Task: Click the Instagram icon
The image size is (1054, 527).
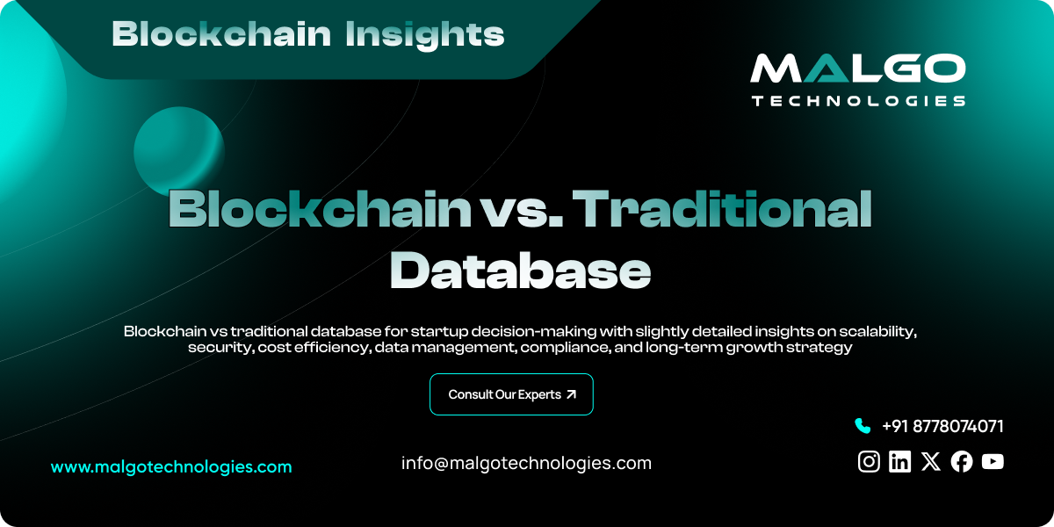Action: [869, 461]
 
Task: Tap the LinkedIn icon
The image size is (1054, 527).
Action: [899, 461]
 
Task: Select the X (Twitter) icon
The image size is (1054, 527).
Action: [931, 461]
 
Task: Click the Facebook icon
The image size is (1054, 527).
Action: [962, 461]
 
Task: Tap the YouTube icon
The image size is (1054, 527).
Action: [993, 461]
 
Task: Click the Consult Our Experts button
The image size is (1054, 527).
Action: [511, 394]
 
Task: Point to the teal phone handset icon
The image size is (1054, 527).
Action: [862, 426]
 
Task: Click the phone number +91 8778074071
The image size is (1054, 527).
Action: [942, 426]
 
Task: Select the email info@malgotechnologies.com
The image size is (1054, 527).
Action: [526, 463]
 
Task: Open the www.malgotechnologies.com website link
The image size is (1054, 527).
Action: [171, 467]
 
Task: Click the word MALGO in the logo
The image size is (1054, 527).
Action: [857, 70]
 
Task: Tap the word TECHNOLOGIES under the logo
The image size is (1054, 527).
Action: [857, 101]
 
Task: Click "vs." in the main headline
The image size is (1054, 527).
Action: [523, 211]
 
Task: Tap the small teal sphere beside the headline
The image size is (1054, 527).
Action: [178, 148]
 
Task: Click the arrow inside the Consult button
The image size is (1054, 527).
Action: [572, 394]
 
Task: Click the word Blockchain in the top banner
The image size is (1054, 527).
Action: [221, 34]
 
